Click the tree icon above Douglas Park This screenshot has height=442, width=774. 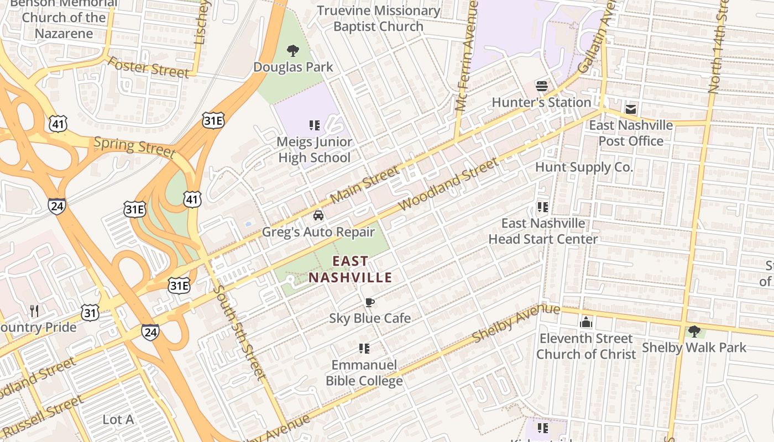click(x=293, y=51)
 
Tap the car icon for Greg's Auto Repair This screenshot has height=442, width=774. click(x=318, y=215)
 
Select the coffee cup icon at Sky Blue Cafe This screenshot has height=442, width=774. click(x=369, y=302)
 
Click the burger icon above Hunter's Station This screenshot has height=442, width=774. click(x=542, y=86)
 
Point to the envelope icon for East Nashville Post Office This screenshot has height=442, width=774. click(x=631, y=109)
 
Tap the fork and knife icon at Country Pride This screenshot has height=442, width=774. click(x=34, y=311)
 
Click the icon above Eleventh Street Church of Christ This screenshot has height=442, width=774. click(x=586, y=322)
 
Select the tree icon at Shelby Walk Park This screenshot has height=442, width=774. click(x=694, y=331)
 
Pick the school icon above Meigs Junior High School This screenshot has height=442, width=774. click(x=315, y=125)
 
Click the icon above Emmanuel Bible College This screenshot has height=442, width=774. click(x=364, y=349)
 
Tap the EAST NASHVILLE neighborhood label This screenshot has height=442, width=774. click(x=350, y=269)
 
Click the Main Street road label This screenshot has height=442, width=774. click(x=364, y=186)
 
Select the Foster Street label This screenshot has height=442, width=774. click(x=148, y=67)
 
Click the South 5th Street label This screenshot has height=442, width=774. click(x=239, y=332)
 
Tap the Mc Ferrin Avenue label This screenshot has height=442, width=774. click(x=466, y=55)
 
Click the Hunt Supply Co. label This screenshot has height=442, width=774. click(x=584, y=167)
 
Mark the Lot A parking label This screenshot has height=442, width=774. click(x=118, y=419)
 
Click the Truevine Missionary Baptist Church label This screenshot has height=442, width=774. click(x=379, y=18)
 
